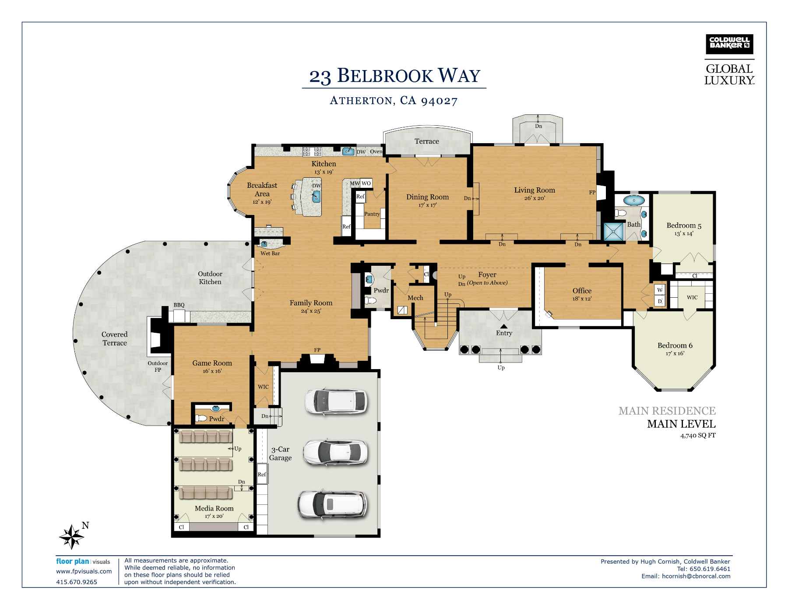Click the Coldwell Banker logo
point(729,44)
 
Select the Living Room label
point(535,190)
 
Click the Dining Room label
point(427,197)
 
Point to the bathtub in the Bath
point(633,201)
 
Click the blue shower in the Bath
point(614,232)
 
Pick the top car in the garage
point(336,401)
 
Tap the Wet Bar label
point(270,253)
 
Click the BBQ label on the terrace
point(179,305)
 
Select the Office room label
point(582,291)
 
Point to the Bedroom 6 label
point(675,345)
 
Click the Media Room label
point(214,508)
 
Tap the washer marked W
point(660,290)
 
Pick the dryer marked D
point(660,301)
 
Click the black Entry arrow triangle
point(504,326)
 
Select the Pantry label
point(372,214)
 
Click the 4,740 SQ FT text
point(698,436)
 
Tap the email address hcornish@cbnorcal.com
point(696,576)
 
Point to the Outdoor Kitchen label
point(210,278)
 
